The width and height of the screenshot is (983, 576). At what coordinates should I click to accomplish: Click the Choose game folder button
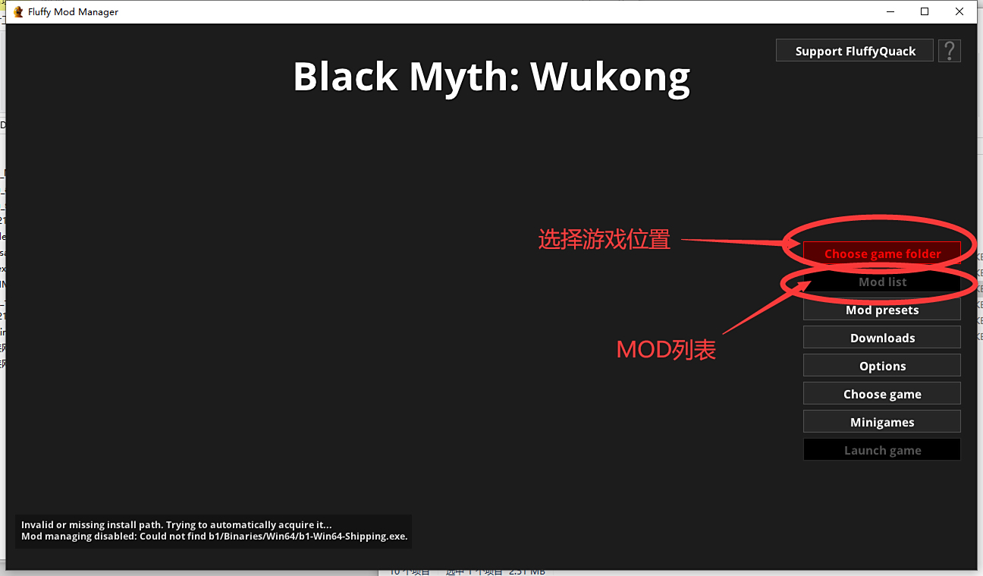point(882,253)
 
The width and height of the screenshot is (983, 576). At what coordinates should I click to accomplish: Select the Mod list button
point(882,282)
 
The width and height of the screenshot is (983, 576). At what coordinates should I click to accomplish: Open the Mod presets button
point(882,310)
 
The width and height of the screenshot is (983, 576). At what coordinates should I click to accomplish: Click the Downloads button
point(882,338)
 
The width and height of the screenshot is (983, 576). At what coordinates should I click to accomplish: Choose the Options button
point(882,366)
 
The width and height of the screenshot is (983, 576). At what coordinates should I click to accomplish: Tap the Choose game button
point(882,394)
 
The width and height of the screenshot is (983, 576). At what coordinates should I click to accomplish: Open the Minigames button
point(882,422)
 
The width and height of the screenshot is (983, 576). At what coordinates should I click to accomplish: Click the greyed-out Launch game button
point(882,450)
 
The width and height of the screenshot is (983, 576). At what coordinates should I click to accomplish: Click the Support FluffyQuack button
point(855,51)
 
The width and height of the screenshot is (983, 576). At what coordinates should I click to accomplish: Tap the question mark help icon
point(949,51)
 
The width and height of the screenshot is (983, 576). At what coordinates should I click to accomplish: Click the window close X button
point(959,11)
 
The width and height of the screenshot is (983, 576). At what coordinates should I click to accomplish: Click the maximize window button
point(925,11)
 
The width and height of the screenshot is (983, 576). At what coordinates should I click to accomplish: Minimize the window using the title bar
point(890,11)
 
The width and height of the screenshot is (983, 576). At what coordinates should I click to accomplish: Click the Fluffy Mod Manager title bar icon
point(18,12)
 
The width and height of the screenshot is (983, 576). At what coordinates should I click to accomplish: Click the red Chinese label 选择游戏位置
point(604,240)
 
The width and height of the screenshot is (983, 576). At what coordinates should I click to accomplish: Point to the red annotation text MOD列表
point(666,350)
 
